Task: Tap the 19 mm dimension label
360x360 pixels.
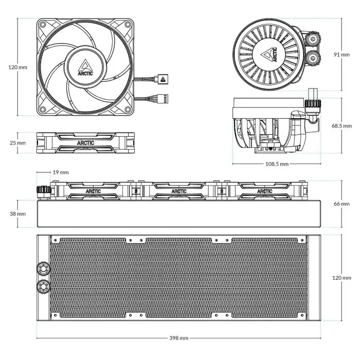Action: coord(61,173)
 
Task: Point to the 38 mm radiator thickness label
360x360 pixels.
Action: coord(17,213)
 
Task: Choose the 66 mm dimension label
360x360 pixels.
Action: coord(341,204)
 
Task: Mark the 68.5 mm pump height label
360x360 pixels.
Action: coord(341,125)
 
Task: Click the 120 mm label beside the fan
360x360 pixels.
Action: coord(19,67)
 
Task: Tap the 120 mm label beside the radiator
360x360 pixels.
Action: coord(341,278)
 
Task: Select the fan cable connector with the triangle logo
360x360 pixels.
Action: coord(162,79)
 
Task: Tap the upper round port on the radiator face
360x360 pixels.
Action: coord(42,268)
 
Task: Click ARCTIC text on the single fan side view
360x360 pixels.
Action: coord(85,143)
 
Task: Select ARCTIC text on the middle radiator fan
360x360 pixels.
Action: coord(179,191)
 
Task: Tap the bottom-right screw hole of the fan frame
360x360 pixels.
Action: coord(127,109)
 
